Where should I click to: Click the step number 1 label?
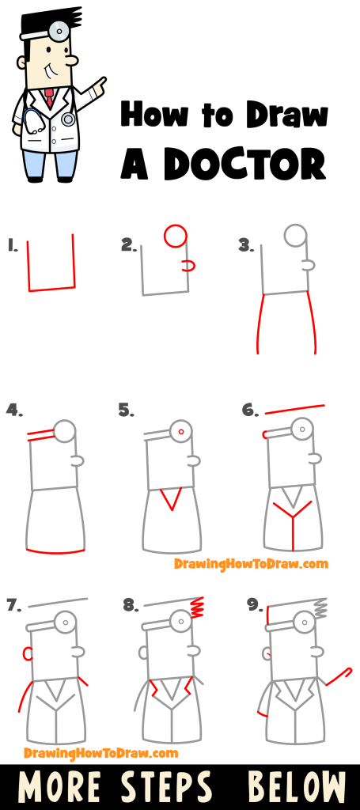point(12,245)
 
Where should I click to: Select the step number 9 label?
point(253,605)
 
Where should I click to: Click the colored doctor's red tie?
point(49,98)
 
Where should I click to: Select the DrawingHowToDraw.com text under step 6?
point(251,564)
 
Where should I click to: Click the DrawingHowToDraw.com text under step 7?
point(100,752)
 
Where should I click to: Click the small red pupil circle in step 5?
point(181,432)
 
